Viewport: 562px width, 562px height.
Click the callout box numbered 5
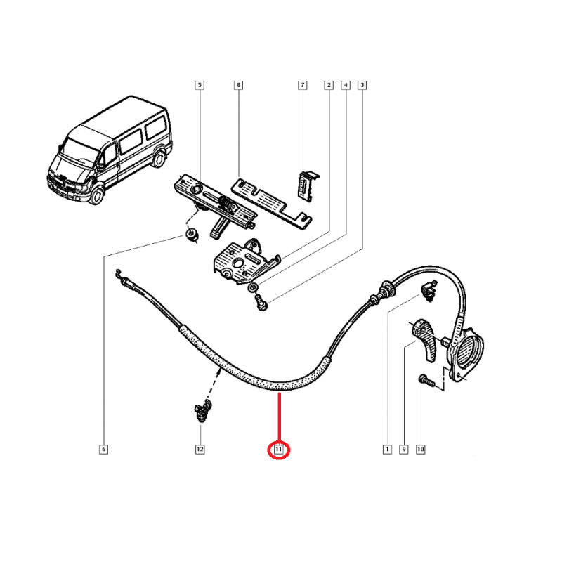pos(199,86)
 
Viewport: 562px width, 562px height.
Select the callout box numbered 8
pos(238,86)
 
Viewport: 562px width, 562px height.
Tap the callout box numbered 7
pos(303,86)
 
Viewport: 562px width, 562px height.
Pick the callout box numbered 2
pos(328,86)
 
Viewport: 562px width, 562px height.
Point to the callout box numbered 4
pos(345,86)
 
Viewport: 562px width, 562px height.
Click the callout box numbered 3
pos(362,86)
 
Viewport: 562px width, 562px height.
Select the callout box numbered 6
pos(103,449)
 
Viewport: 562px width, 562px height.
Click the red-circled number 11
pos(279,449)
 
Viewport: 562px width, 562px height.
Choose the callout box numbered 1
pos(386,449)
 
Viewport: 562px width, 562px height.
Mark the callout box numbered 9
pos(403,449)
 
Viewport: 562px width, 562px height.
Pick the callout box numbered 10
pos(421,449)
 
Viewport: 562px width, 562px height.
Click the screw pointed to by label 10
pos(426,380)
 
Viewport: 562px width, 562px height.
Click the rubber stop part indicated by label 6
pos(189,235)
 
